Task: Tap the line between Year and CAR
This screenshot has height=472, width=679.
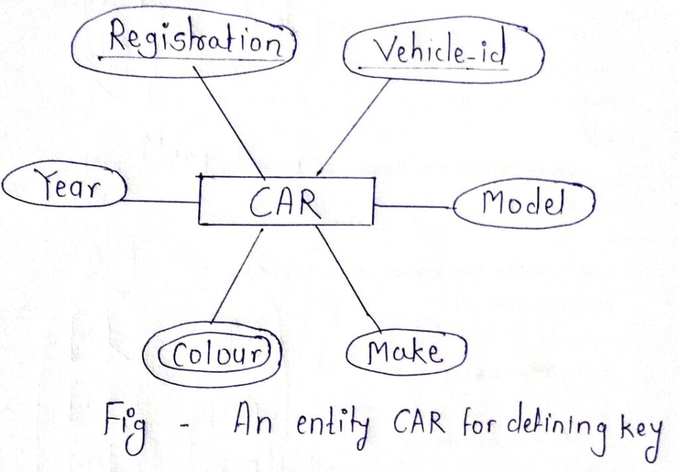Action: click(162, 201)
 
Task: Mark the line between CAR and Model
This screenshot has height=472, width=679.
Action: click(414, 207)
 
